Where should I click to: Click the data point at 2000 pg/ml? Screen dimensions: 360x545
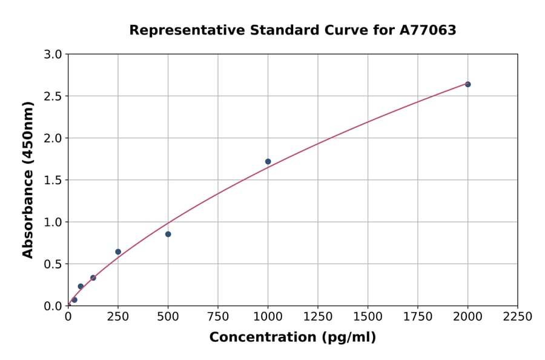pyautogui.click(x=467, y=84)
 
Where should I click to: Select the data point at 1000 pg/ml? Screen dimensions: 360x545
pyautogui.click(x=268, y=161)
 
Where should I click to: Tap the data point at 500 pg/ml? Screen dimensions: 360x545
pyautogui.click(x=168, y=234)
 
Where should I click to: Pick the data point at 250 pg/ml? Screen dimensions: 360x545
pyautogui.click(x=118, y=252)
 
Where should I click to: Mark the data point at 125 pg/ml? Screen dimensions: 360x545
pyautogui.click(x=93, y=278)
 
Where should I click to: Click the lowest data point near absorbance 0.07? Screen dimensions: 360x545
pyautogui.click(x=74, y=299)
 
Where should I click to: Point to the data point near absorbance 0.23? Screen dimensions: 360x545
pyautogui.click(x=81, y=286)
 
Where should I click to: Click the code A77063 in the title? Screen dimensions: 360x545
pyautogui.click(x=428, y=30)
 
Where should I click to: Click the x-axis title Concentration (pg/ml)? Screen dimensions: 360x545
pyautogui.click(x=292, y=338)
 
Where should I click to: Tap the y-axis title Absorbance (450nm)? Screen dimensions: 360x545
pyautogui.click(x=28, y=179)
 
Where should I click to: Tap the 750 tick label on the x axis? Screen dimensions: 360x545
pyautogui.click(x=218, y=317)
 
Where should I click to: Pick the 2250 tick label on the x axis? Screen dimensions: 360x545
pyautogui.click(x=518, y=317)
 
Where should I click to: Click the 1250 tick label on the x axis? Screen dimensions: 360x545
pyautogui.click(x=318, y=317)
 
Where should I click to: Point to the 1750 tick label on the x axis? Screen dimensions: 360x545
pyautogui.click(x=418, y=317)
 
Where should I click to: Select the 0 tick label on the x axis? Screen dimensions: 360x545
pyautogui.click(x=68, y=317)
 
